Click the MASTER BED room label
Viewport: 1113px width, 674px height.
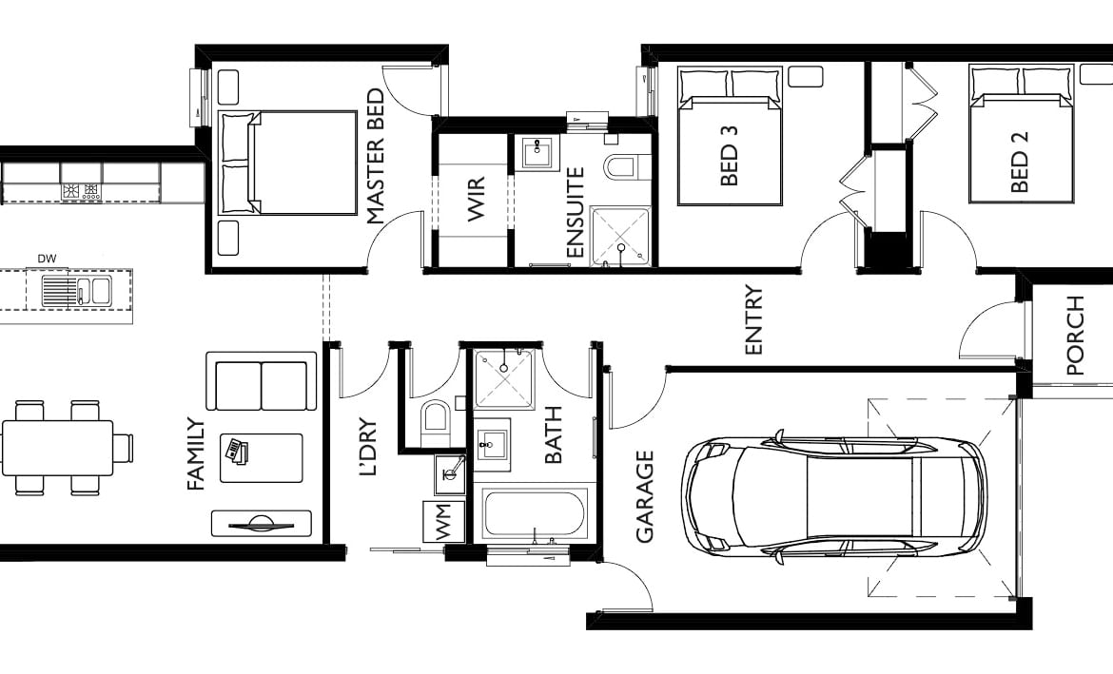(x=376, y=157)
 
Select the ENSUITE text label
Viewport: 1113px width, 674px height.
(x=575, y=213)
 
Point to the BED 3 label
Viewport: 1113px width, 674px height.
(x=730, y=156)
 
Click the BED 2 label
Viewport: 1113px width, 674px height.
(x=1020, y=162)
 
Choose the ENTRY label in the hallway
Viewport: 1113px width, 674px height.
(x=754, y=320)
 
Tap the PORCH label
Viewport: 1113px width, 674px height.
(x=1076, y=336)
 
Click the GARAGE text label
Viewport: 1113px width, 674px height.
(x=645, y=496)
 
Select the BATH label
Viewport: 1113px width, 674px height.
(x=553, y=435)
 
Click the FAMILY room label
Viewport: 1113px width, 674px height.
(x=196, y=454)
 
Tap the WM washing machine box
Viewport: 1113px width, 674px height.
(x=443, y=522)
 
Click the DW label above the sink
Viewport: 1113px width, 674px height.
(x=46, y=259)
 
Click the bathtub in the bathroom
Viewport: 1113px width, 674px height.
(x=533, y=514)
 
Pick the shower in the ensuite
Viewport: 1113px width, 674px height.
(x=621, y=235)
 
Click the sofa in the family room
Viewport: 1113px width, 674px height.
(x=262, y=382)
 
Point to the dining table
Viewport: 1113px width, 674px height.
(x=57, y=447)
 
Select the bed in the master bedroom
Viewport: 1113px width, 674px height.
(x=290, y=163)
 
